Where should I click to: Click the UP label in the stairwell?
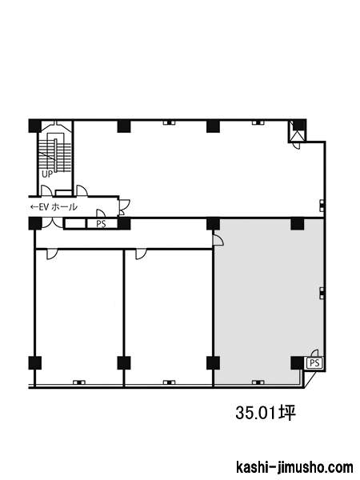coord(47,174)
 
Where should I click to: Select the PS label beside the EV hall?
coord(101,224)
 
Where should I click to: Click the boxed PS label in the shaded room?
coord(314,363)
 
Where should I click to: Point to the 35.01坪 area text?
coord(266,412)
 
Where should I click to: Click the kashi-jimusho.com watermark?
coord(294,467)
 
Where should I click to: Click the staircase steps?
coord(54,155)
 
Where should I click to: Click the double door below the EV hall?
coord(52,222)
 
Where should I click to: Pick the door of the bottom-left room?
coord(52,254)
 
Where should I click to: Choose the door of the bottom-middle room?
coord(141,254)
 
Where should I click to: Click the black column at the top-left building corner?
coord(35,126)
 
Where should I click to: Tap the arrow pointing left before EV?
coord(34,207)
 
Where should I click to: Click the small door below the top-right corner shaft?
coord(296,146)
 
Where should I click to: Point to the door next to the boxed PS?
coord(314,354)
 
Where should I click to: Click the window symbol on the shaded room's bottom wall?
coord(258,382)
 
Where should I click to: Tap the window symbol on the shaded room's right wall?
coord(322,293)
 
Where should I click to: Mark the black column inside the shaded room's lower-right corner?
coord(297,363)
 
